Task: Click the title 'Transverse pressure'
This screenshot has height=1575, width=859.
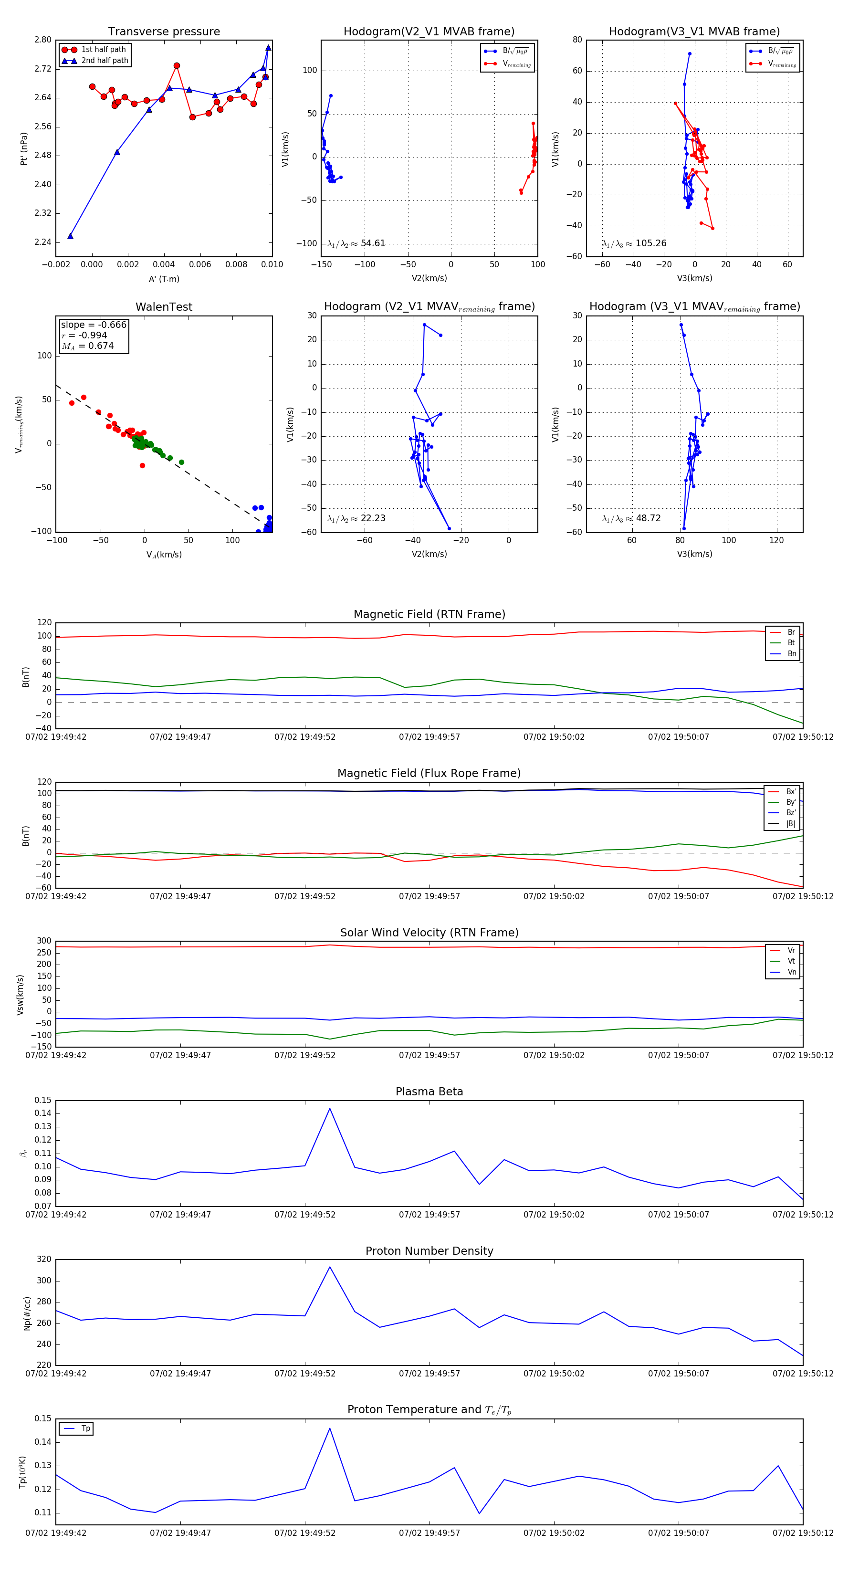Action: pos(164,32)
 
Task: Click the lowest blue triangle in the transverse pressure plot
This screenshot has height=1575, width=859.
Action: pos(70,236)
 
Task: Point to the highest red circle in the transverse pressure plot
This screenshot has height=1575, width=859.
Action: pos(177,65)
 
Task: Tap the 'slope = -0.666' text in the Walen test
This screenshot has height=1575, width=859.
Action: pos(94,325)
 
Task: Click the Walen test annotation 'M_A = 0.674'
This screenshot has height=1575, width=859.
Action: pos(87,346)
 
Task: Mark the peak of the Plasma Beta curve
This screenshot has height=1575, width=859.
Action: pos(330,1109)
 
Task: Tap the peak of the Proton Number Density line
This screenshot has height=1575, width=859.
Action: pos(330,1267)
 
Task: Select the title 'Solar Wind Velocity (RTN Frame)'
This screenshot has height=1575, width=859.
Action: pos(429,933)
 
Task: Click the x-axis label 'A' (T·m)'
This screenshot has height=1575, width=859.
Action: pos(164,279)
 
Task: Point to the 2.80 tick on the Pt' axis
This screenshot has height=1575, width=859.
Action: pos(43,40)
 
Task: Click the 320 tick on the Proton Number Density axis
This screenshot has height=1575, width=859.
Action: pos(44,1259)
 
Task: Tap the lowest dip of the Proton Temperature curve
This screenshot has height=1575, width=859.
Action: pos(479,1513)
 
